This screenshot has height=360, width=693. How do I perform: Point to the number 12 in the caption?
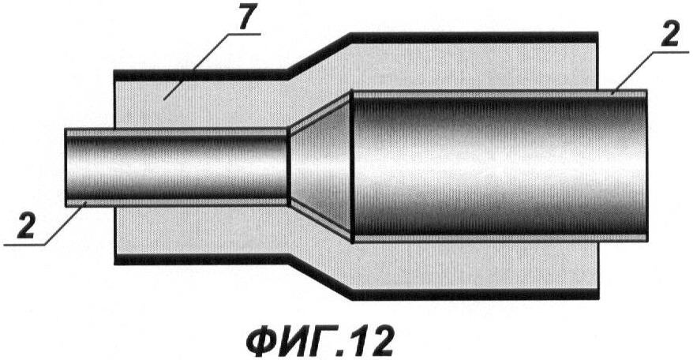(x=371, y=341)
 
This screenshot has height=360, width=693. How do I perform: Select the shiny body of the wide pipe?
(x=500, y=167)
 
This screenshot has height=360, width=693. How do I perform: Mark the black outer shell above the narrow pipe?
(x=201, y=75)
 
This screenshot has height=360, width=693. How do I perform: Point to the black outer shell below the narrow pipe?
(x=201, y=260)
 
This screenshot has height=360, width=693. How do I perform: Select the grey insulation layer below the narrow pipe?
(x=201, y=231)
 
